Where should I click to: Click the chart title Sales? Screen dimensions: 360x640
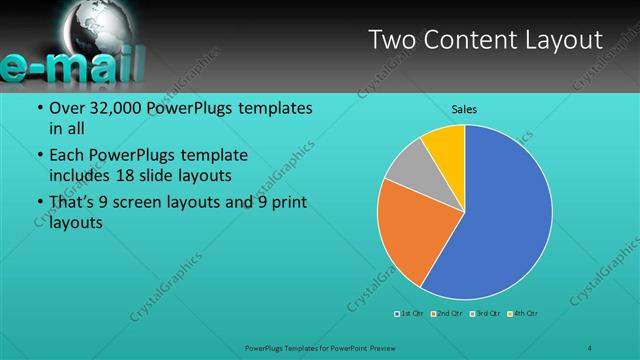pos(464,108)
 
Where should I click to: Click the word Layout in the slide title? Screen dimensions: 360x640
pos(559,40)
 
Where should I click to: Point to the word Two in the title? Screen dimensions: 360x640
pos(391,40)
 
